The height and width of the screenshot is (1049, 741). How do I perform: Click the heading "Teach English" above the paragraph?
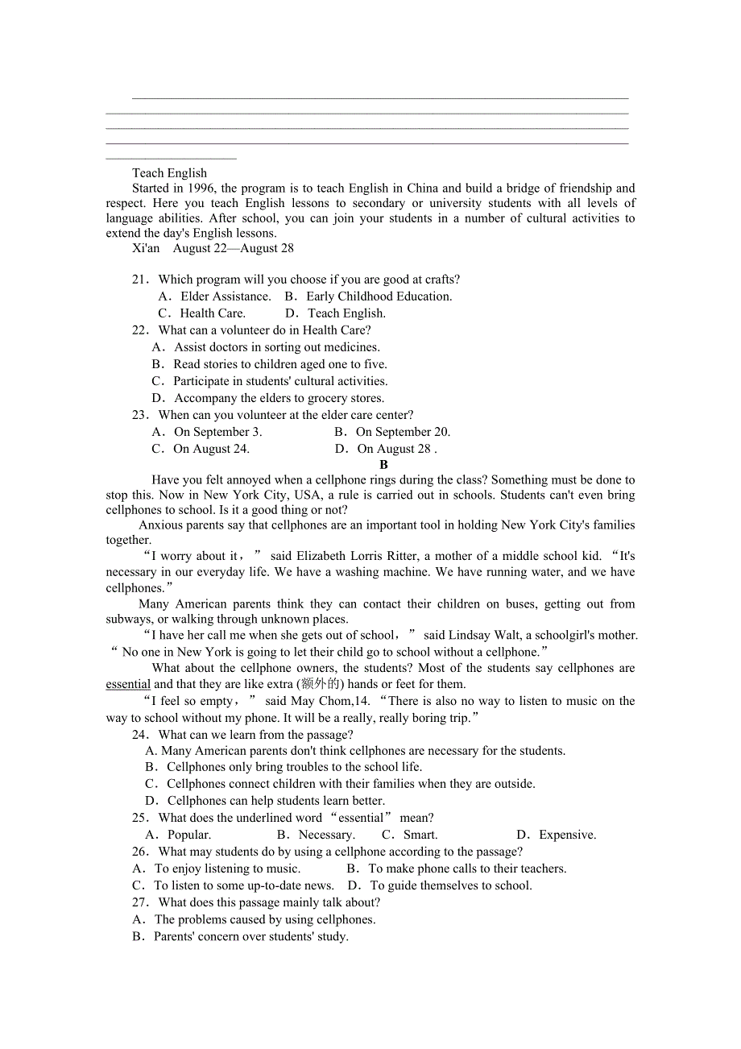169,173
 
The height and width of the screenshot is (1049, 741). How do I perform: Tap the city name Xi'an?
146,248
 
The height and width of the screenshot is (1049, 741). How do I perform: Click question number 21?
141,280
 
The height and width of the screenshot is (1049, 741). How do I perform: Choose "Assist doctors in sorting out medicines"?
276,347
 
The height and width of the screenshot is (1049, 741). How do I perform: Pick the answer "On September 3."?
217,432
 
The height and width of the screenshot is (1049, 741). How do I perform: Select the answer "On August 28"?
395,449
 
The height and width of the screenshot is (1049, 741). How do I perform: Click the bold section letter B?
383,464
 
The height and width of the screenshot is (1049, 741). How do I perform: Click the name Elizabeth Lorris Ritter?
357,556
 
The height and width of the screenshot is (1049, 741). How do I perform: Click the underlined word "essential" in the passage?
128,684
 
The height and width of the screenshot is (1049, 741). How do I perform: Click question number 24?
141,735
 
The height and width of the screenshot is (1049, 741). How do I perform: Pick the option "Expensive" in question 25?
567,835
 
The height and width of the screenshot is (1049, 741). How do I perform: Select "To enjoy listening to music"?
226,869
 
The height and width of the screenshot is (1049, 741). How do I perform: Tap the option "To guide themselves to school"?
450,885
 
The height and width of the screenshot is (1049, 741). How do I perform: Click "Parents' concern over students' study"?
250,936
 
